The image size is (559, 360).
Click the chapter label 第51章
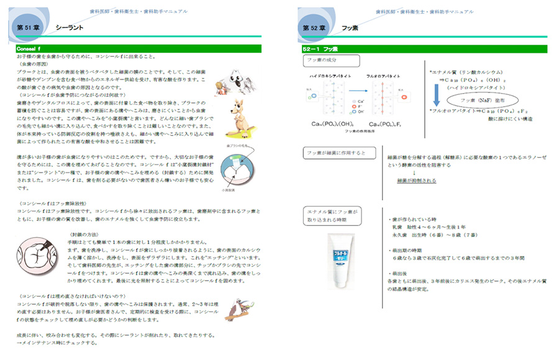28,28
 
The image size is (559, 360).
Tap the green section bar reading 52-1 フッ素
422,48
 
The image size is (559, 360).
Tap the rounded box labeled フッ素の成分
322,61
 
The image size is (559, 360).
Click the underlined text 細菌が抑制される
416,181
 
